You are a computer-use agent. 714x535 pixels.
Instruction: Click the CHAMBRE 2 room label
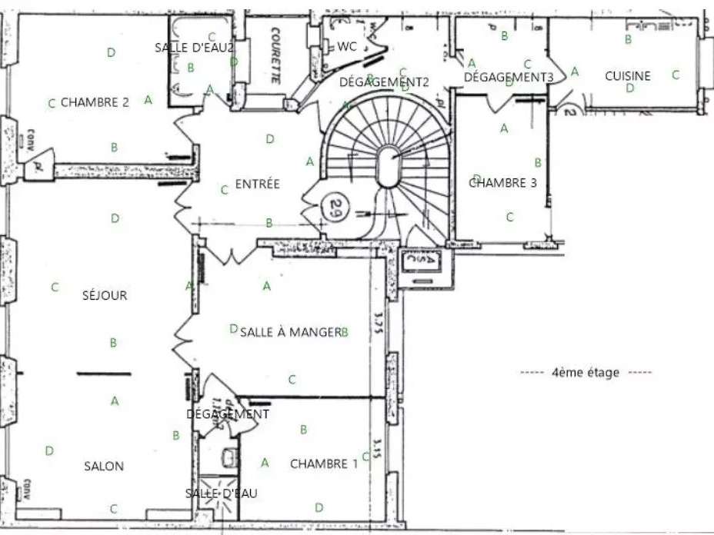coord(95,101)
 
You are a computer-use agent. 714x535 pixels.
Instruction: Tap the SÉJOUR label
coord(105,295)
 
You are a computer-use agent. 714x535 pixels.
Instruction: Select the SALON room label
coord(104,466)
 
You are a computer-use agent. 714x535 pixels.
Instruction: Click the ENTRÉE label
coord(257,184)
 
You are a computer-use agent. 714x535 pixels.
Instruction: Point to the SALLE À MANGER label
coord(290,332)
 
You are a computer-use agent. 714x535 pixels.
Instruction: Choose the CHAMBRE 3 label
coord(502,183)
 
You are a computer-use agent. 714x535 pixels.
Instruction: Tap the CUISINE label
coord(627,76)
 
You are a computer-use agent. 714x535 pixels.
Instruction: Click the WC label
coord(347,46)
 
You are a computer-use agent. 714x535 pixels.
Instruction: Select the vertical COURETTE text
coord(275,55)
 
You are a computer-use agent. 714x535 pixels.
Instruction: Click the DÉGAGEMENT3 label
coord(509,77)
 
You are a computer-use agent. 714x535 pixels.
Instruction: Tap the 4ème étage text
coord(585,373)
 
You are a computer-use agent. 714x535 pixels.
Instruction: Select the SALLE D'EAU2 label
coord(194,48)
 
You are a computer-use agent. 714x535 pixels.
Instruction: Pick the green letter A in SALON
coord(115,400)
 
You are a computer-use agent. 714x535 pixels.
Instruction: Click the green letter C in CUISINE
coord(676,75)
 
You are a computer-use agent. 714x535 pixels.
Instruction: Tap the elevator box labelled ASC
coord(423,261)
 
